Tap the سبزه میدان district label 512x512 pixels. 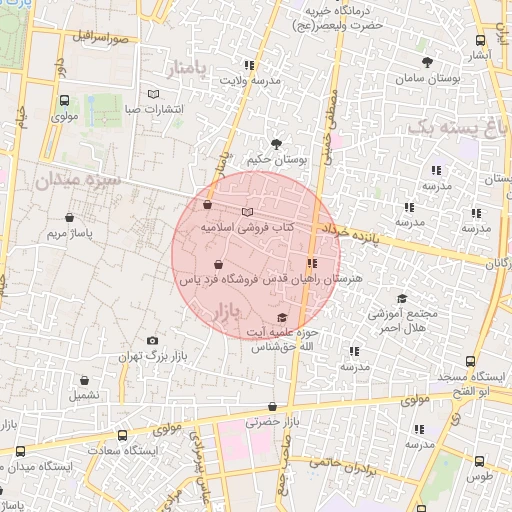(x=76, y=181)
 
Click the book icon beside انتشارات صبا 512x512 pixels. (x=153, y=94)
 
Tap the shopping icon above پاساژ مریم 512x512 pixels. (x=69, y=217)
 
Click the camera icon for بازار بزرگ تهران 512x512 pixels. (x=152, y=341)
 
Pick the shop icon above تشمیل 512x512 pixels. (x=85, y=380)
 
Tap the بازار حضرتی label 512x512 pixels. (x=272, y=422)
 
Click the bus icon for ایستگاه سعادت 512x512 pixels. (x=122, y=436)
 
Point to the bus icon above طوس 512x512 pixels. (x=480, y=461)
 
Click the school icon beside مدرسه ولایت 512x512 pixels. (x=248, y=66)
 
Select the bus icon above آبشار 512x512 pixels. (x=481, y=40)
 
